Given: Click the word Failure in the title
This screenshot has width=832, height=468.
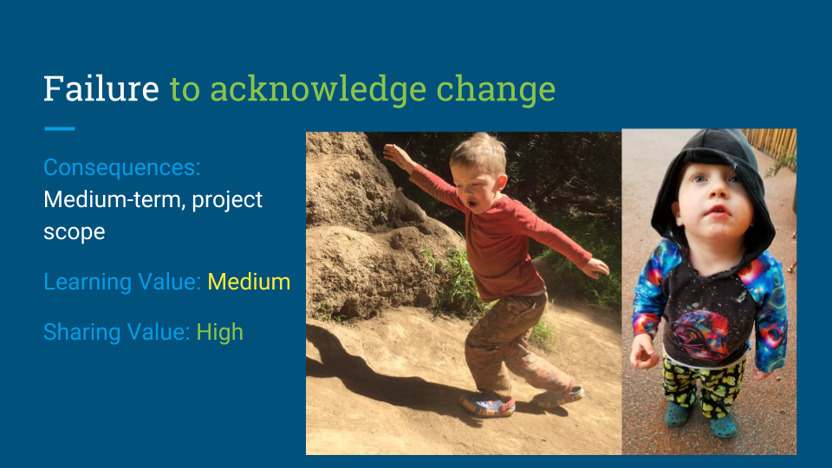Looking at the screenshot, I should coord(101,89).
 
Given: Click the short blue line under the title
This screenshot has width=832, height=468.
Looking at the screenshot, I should coord(59,129).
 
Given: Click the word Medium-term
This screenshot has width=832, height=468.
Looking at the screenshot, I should coord(114,200).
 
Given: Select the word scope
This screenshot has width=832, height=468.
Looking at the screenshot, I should coord(75,232).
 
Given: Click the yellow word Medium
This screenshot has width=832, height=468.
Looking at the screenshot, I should coord(249,282).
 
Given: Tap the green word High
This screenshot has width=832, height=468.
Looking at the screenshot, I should coord(219,332).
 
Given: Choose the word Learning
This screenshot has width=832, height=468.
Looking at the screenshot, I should coord(85,282).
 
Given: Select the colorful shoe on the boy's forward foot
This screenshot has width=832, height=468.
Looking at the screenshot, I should coord(487,404).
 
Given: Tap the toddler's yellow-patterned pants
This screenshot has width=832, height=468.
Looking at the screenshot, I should coord(702,386).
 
